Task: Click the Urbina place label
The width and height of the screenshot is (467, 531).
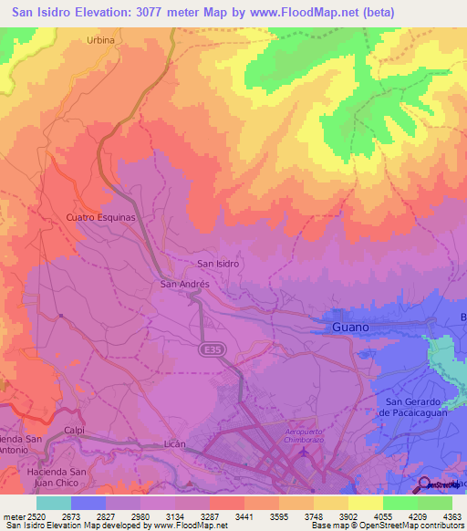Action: coord(101,40)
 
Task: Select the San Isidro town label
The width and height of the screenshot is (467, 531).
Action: coord(218,264)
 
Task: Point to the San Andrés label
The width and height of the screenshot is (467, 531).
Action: coord(185,284)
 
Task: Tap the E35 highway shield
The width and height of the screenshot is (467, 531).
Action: coord(211,349)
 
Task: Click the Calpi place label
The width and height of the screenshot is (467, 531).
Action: coord(75,433)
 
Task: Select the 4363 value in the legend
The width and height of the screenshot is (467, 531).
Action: coord(451,516)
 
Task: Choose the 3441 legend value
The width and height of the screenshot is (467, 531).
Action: coord(244,516)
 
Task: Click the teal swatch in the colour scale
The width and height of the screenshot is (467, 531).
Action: coord(53,503)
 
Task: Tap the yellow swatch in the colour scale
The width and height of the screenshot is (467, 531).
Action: coord(365,503)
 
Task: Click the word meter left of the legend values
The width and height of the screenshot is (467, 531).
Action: coord(11,516)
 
